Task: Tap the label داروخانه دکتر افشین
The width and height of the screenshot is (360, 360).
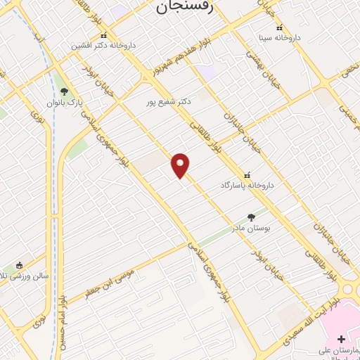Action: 103,45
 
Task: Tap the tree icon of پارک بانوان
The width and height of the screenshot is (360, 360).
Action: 64,91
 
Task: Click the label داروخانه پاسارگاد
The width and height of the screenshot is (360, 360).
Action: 245,184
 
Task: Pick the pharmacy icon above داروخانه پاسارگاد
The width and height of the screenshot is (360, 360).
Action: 246,174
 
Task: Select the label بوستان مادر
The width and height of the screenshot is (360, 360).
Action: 252,229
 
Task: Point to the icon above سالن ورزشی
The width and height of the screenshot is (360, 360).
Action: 19,265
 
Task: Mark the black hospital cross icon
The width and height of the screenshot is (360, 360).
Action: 342,339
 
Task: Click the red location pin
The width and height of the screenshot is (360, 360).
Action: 181,165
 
